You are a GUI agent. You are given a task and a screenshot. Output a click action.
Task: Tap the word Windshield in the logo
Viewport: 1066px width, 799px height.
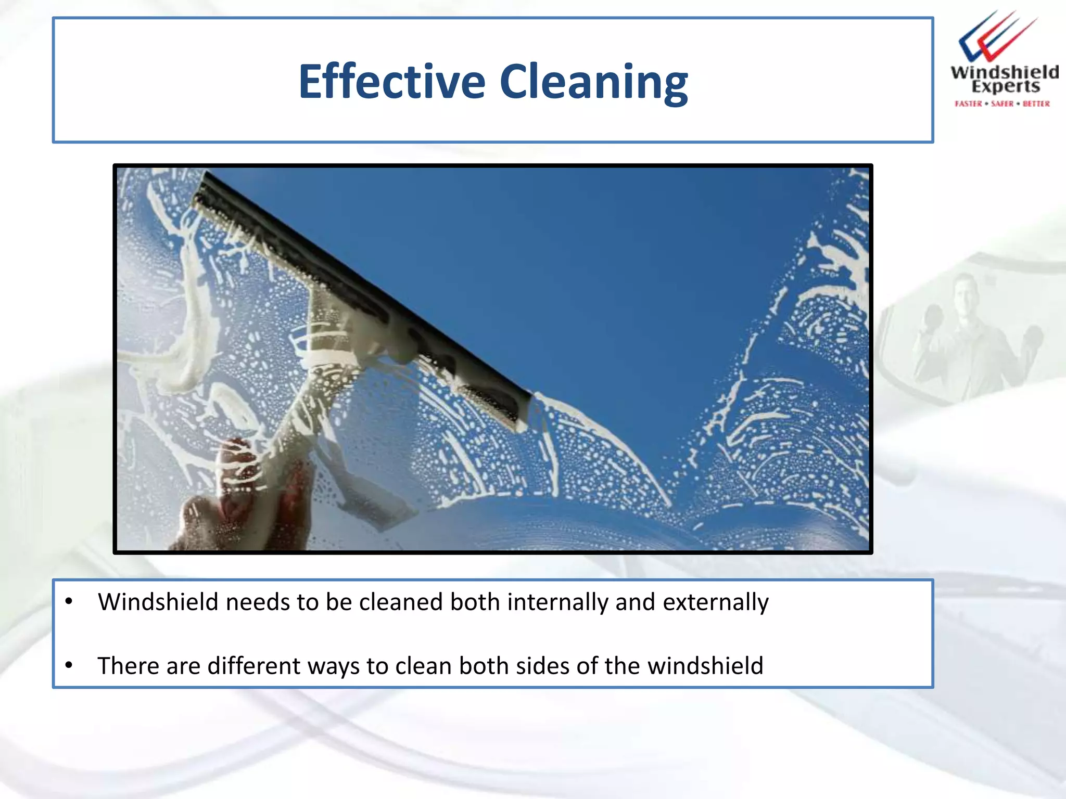(1004, 72)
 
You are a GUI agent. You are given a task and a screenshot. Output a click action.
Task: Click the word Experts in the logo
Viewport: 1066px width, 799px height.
(1005, 87)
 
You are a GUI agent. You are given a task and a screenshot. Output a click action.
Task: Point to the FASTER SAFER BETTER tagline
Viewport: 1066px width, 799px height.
(1002, 104)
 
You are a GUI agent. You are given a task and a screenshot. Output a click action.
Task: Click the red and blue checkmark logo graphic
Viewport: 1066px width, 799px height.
(995, 36)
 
